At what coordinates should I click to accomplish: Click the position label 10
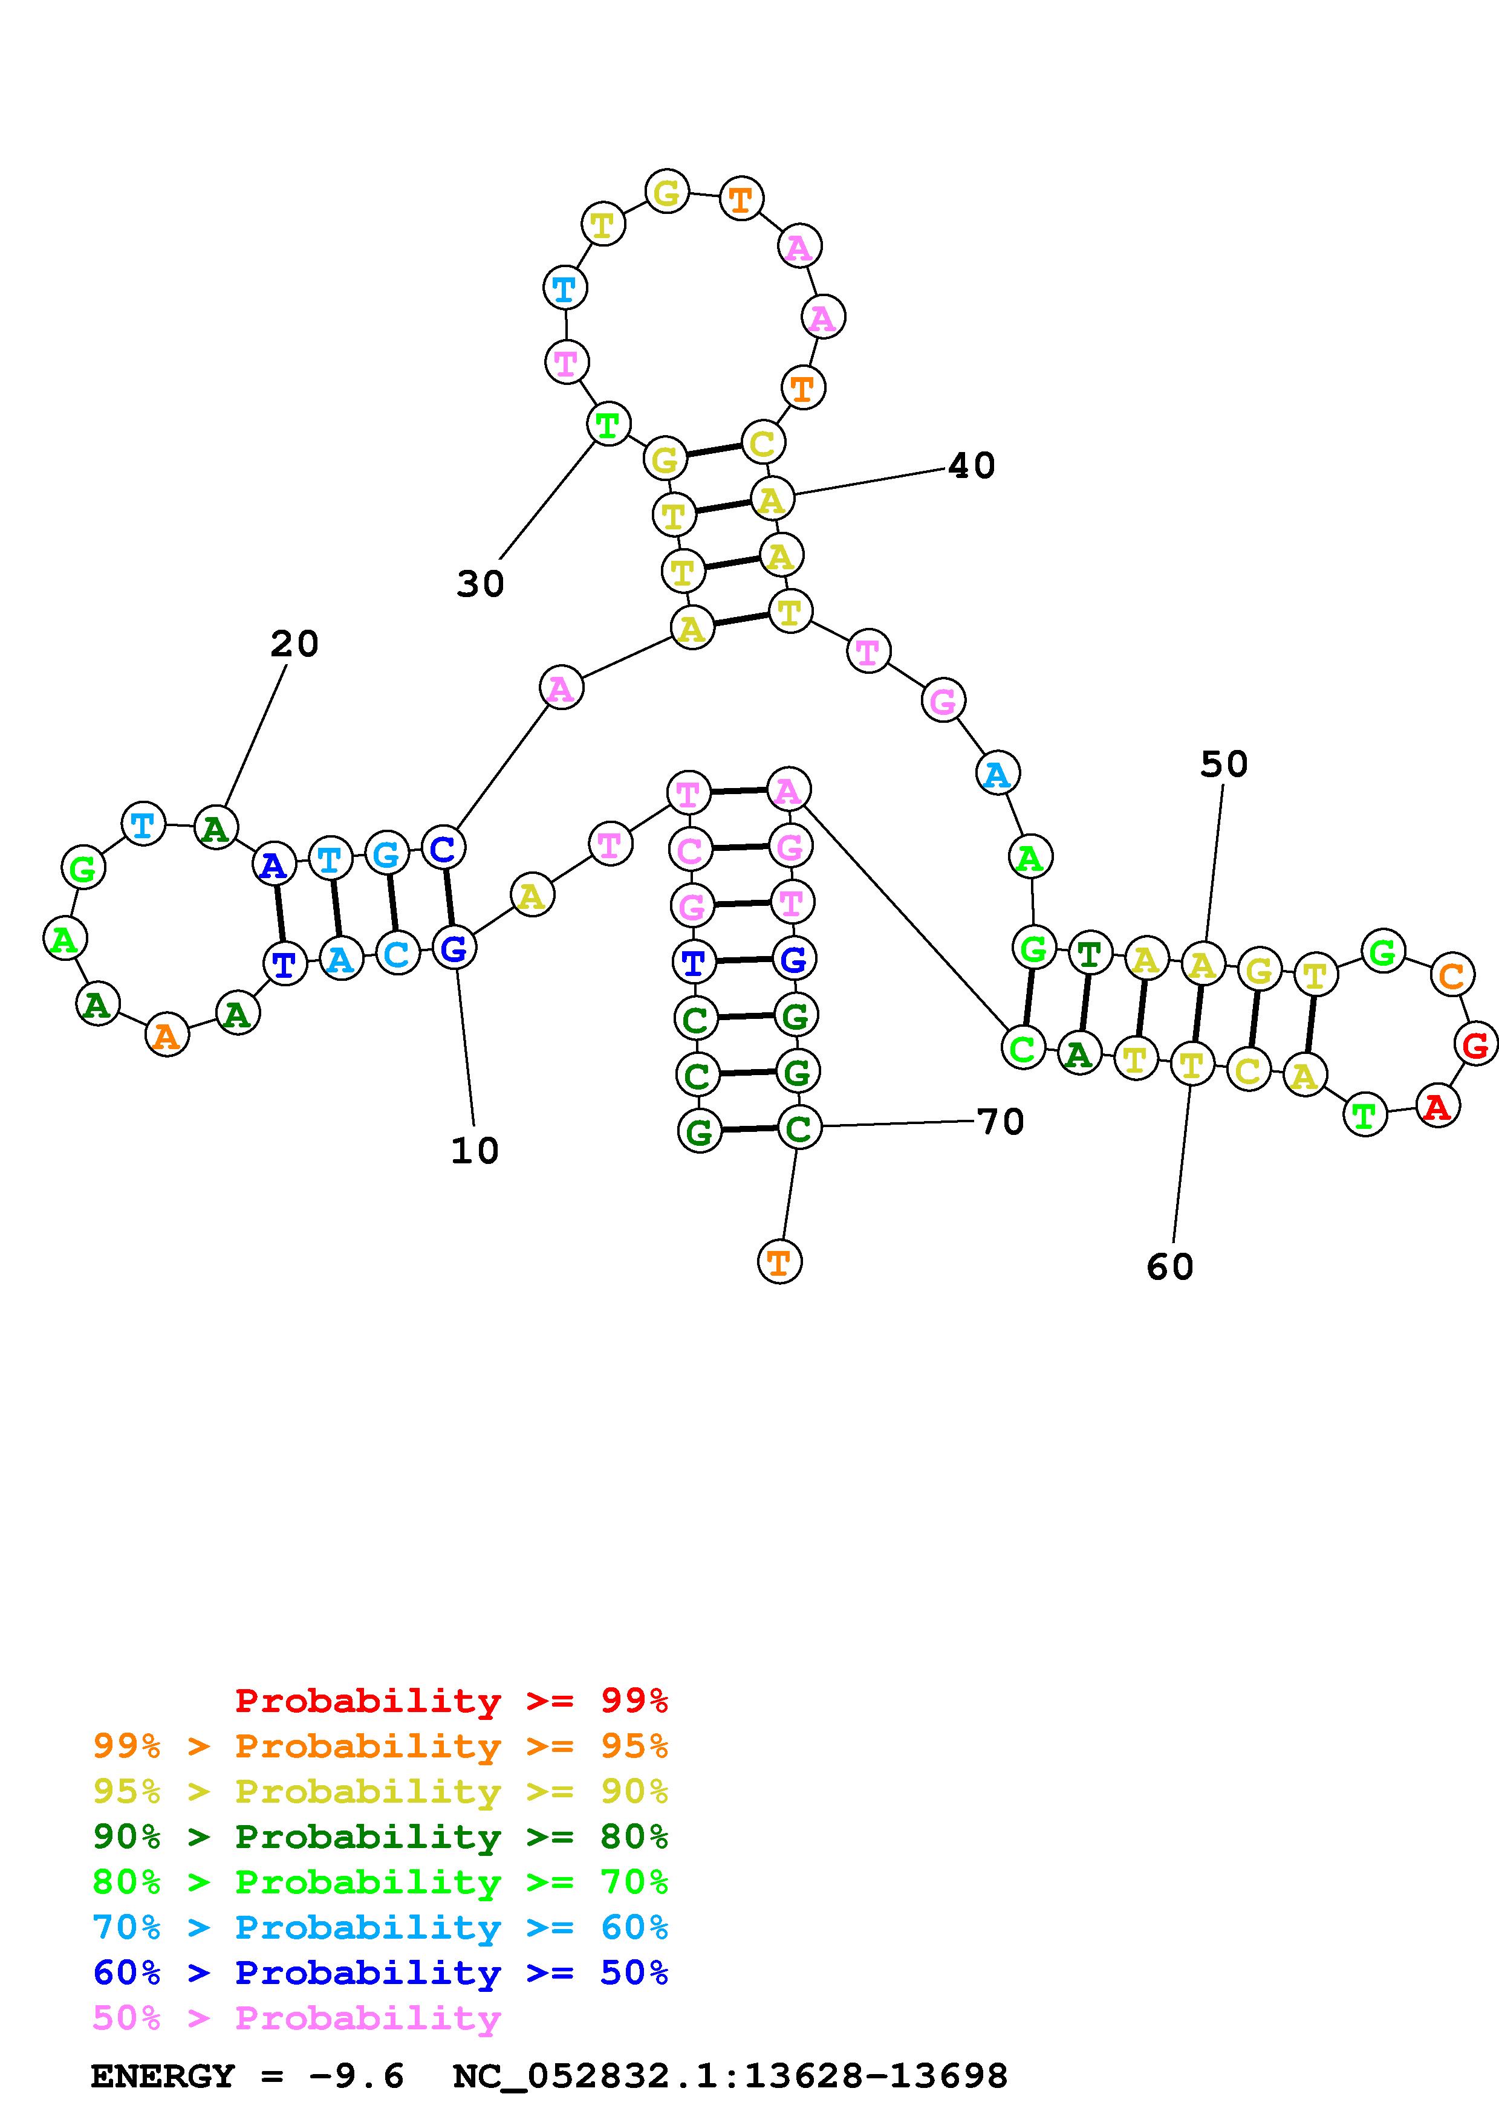pyautogui.click(x=475, y=1151)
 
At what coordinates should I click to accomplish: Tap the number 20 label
pyautogui.click(x=294, y=644)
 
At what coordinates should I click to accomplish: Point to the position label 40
pyautogui.click(x=972, y=465)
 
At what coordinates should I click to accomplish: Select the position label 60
pyautogui.click(x=1169, y=1267)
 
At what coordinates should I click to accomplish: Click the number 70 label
pyautogui.click(x=1000, y=1122)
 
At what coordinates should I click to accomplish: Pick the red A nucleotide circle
pyautogui.click(x=1437, y=1106)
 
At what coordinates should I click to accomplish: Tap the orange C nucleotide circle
pyautogui.click(x=1451, y=975)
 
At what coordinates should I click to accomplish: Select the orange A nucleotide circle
pyautogui.click(x=167, y=1035)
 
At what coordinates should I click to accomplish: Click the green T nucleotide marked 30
pyautogui.click(x=608, y=425)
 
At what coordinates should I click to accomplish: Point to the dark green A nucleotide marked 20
pyautogui.click(x=216, y=829)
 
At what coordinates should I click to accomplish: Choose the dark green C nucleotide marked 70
pyautogui.click(x=799, y=1128)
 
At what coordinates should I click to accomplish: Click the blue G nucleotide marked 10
pyautogui.click(x=454, y=948)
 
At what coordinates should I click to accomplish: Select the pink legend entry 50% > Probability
pyautogui.click(x=296, y=2017)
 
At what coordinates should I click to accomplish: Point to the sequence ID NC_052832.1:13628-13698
pyautogui.click(x=730, y=2076)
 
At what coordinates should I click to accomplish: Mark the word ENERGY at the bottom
pyautogui.click(x=163, y=2076)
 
